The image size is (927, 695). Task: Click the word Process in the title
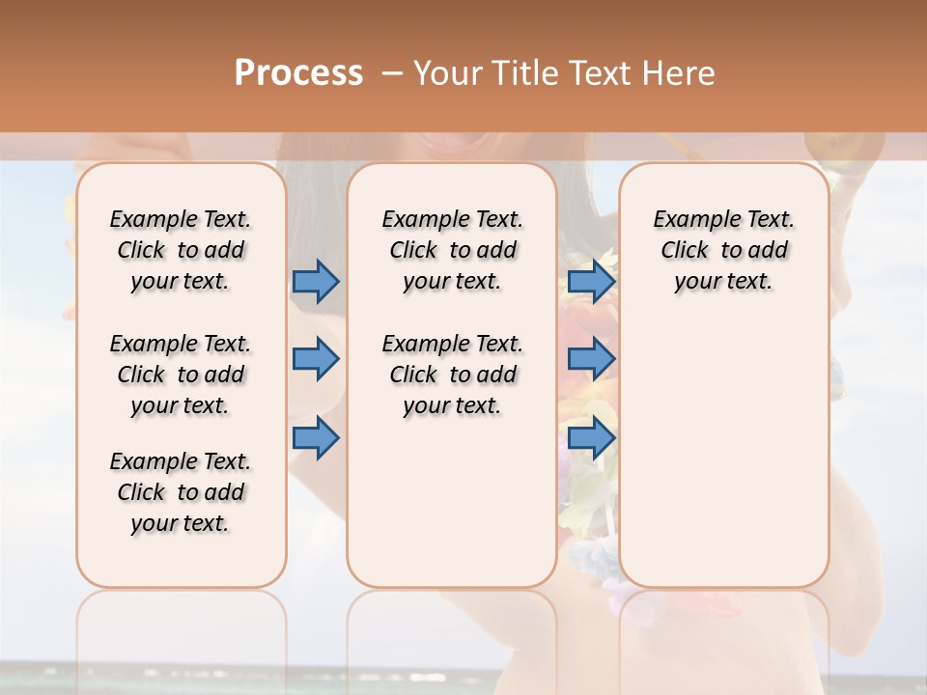pos(298,72)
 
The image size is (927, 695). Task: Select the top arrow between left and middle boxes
pos(316,281)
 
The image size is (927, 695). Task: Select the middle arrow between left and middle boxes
pos(316,359)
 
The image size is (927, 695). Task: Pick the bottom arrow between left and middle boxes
pos(316,437)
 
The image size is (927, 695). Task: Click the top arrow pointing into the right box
pos(591,281)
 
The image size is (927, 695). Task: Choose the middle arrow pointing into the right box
pos(591,359)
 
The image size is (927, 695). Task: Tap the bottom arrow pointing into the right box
pos(591,437)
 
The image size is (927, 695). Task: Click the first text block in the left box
pos(181,250)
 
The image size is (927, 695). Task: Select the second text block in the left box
pos(181,375)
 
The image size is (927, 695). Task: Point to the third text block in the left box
pos(181,492)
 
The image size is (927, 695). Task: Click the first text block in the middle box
pos(452,250)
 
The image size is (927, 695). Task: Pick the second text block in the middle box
pos(452,375)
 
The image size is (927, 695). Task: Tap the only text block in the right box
pos(723,250)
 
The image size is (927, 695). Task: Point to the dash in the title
pos(392,72)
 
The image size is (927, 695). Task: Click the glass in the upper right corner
pos(846,150)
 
